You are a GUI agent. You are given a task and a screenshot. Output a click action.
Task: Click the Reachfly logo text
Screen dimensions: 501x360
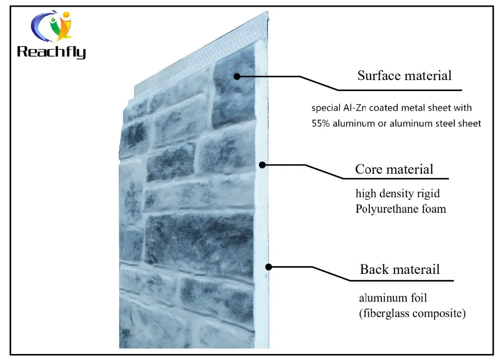[x=51, y=52]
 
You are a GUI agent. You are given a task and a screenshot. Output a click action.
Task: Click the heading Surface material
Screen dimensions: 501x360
[x=404, y=76]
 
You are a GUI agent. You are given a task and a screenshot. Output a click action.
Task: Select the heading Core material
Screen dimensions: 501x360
[x=394, y=169]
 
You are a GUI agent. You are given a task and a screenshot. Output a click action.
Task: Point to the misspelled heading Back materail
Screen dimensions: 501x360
[x=400, y=269]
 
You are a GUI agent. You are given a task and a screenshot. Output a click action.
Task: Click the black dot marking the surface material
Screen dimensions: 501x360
[x=237, y=76]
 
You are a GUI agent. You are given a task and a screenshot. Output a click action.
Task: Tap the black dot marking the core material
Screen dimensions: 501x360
[x=262, y=164]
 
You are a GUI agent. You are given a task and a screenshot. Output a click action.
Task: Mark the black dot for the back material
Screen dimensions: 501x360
[x=269, y=267]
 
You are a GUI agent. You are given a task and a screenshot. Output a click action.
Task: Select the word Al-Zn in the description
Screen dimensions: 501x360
[x=355, y=108]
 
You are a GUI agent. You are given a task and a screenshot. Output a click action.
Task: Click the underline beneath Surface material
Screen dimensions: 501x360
[x=401, y=90]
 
